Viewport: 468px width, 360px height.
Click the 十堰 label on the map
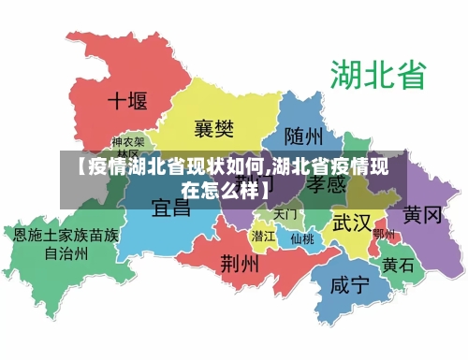point(127,100)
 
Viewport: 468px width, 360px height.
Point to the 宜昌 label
point(171,208)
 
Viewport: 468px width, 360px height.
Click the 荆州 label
point(240,264)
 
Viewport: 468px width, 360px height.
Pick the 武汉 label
point(352,223)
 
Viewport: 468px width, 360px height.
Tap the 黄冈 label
point(422,216)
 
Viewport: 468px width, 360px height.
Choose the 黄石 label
point(399,265)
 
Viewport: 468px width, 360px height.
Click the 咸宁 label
point(349,285)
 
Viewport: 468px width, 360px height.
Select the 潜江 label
point(264,237)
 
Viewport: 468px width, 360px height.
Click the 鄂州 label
point(384,235)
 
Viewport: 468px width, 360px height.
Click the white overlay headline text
point(234,179)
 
